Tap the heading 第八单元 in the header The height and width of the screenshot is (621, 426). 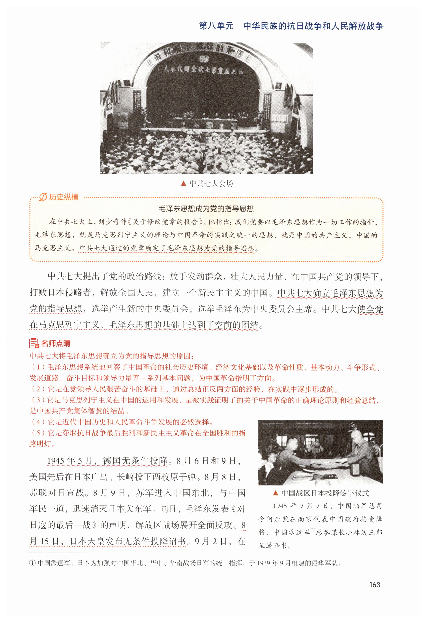point(216,26)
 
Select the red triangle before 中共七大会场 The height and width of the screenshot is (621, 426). point(183,184)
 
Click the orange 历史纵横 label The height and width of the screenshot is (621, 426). point(64,197)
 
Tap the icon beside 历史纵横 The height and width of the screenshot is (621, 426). point(43,197)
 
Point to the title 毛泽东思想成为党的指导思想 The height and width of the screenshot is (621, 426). point(206,209)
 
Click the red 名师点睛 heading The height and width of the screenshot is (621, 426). point(56,343)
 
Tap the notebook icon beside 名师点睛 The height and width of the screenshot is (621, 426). point(34,343)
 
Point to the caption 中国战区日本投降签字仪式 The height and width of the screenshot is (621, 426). point(325,493)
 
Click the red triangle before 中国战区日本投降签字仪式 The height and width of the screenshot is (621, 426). point(276,493)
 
